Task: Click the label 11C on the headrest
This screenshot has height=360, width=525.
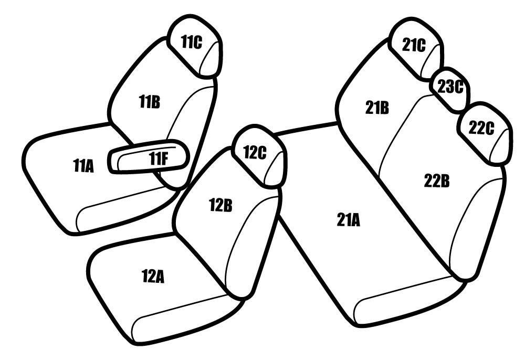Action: point(192,42)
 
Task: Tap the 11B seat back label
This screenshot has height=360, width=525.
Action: point(150,102)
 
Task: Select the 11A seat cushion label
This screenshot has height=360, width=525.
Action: point(83,166)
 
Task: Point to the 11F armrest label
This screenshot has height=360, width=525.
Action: point(158,158)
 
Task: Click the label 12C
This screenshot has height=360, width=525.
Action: point(255,152)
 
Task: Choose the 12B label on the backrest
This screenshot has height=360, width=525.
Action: point(220,205)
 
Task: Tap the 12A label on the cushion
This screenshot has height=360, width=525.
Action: point(153,277)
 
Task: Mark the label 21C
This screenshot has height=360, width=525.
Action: point(414,45)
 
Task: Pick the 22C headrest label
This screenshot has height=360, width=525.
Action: point(481,128)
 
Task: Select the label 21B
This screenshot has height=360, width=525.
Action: point(377,108)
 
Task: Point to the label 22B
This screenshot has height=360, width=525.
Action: point(437,181)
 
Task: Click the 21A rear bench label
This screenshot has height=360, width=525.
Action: point(348,220)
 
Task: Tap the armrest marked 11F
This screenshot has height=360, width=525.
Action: point(149,157)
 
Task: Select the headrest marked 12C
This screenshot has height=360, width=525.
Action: point(260,156)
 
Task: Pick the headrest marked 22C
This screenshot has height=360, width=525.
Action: point(485,133)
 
